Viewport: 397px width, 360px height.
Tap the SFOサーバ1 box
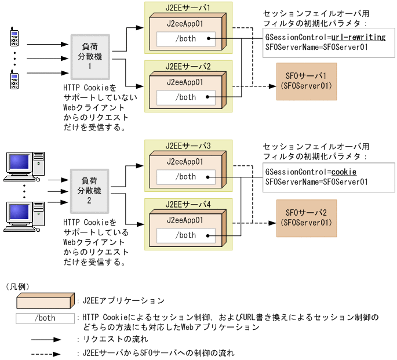[306, 80]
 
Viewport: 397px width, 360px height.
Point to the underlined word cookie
[344, 172]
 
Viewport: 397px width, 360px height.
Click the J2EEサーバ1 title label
[188, 8]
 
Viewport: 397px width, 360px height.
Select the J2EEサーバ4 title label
[188, 204]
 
